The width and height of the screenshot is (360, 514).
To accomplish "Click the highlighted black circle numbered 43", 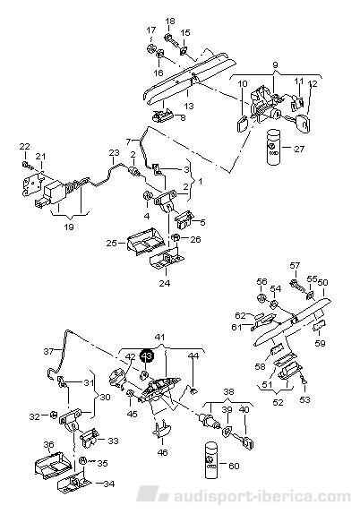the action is (147, 356).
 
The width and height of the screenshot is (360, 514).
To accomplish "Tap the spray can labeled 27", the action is (272, 148).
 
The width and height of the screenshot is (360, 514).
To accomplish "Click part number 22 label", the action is (26, 146).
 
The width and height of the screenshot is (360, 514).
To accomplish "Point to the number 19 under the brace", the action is (69, 227).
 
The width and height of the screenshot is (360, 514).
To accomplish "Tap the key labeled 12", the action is (304, 123).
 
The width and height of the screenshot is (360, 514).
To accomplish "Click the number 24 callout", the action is (165, 282).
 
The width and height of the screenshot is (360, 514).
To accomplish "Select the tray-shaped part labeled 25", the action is (142, 241).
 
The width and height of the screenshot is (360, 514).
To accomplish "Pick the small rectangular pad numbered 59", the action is (319, 327).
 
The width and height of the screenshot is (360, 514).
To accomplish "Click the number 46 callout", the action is (162, 452).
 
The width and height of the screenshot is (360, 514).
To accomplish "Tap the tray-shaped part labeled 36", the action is (52, 466).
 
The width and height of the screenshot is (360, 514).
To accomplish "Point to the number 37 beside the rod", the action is (48, 351).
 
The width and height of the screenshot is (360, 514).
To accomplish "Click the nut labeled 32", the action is (51, 415).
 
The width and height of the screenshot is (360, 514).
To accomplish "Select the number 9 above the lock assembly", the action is (275, 65).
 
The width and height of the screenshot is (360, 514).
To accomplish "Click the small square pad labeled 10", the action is (243, 124).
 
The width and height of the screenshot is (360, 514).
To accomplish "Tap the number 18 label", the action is (170, 21).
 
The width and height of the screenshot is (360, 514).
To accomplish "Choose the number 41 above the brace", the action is (160, 337).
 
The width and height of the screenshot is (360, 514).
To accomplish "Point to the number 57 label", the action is (296, 265).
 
